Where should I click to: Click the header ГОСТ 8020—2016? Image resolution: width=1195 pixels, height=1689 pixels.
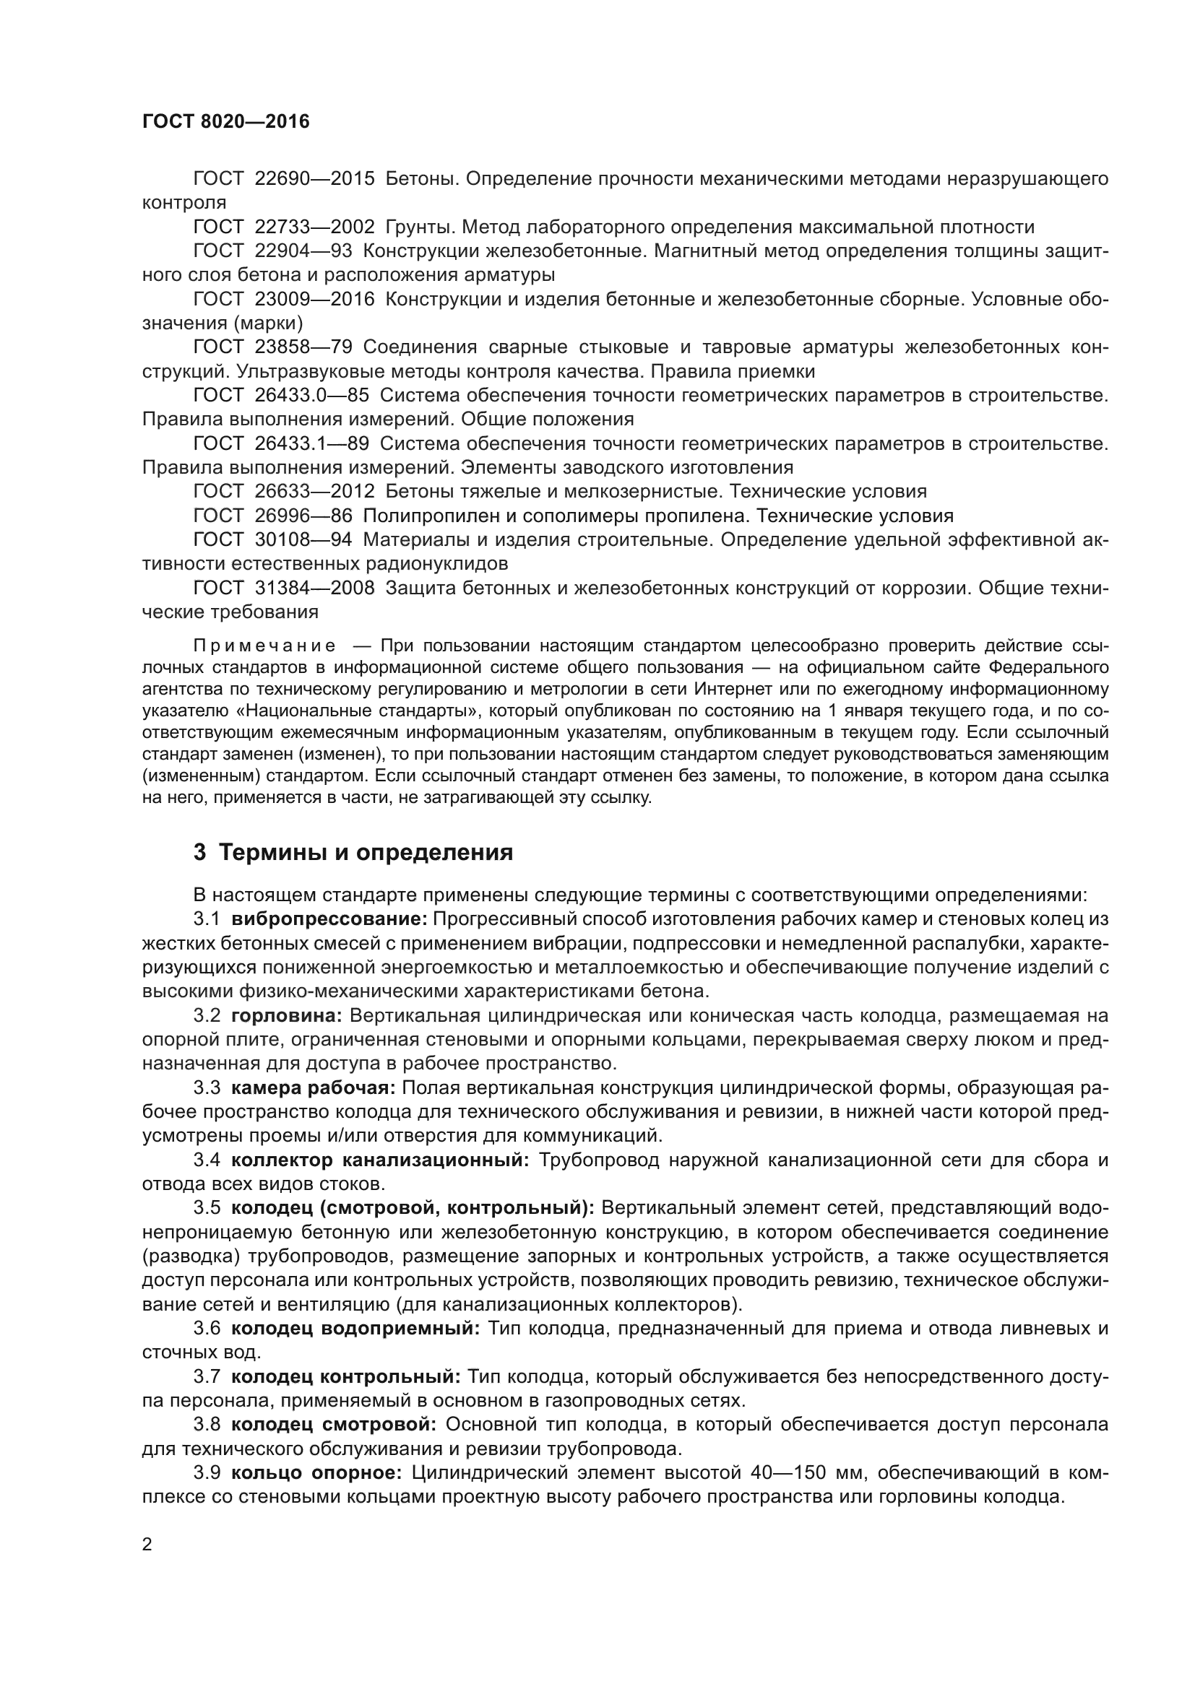coord(226,122)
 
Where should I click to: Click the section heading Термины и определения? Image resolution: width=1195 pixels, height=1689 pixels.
coord(366,853)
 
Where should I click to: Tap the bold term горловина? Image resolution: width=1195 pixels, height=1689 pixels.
coord(286,1016)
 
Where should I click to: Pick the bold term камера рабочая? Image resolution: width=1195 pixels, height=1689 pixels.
coord(314,1088)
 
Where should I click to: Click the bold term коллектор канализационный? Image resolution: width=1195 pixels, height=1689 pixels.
coord(380,1160)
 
